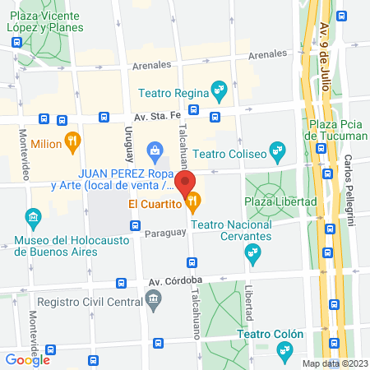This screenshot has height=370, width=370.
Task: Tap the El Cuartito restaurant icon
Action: [x=194, y=200]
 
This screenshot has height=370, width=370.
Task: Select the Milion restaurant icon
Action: [x=73, y=141]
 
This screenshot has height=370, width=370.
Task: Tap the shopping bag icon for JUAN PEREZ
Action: [x=154, y=150]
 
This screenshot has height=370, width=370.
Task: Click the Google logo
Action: [x=28, y=358]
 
